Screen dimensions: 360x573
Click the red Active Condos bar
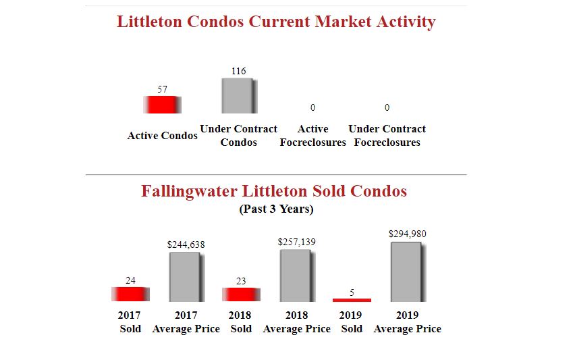tap(162, 105)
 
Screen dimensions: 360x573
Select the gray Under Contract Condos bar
tap(239, 96)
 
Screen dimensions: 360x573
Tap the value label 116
tap(239, 71)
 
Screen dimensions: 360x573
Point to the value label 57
tap(162, 89)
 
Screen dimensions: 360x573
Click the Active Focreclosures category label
tap(312, 136)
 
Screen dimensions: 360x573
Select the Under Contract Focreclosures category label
tap(387, 136)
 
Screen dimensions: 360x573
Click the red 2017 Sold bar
tap(130, 294)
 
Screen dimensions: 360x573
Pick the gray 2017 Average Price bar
tap(186, 277)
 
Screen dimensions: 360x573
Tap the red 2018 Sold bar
tap(241, 294)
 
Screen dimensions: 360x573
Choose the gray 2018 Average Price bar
tap(296, 276)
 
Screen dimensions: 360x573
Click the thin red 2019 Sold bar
tap(352, 300)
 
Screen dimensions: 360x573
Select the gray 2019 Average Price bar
tap(407, 272)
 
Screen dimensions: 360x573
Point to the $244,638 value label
tap(186, 245)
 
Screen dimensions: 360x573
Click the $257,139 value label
tap(296, 241)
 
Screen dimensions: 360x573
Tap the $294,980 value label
tap(407, 234)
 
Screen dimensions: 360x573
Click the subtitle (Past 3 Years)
tap(276, 209)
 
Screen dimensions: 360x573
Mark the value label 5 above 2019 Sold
tap(352, 292)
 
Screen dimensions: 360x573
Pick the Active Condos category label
tap(162, 136)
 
